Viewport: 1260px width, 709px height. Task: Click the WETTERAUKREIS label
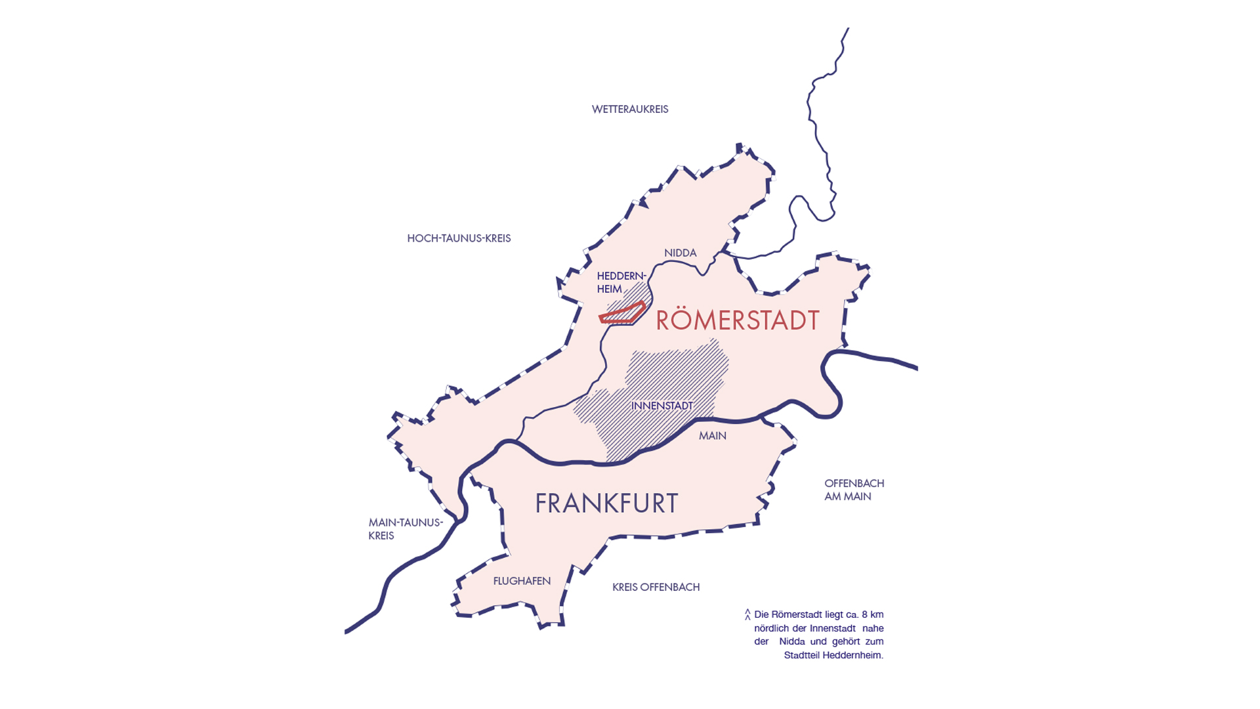pos(630,110)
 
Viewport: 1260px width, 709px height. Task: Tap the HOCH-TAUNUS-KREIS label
pos(459,238)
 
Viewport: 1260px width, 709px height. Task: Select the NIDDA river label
pos(680,253)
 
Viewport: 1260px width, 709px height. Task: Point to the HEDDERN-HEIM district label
pos(621,282)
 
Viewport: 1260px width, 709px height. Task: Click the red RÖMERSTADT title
pos(738,320)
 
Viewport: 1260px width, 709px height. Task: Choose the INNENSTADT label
pos(661,406)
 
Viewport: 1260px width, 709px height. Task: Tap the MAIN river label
pos(712,436)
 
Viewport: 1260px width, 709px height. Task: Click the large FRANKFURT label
pos(606,504)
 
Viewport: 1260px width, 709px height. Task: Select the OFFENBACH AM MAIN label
pos(854,490)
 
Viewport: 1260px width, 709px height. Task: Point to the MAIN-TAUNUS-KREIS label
pos(405,529)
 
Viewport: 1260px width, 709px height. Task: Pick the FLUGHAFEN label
pos(522,581)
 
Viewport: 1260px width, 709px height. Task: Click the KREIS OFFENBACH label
pos(656,587)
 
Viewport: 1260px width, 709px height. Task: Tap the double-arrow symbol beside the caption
pos(747,614)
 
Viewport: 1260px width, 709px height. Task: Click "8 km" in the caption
pos(873,614)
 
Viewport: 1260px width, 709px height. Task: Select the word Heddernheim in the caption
pos(852,655)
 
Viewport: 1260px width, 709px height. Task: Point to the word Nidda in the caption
pos(792,641)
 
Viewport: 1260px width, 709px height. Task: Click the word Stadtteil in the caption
pos(801,655)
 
